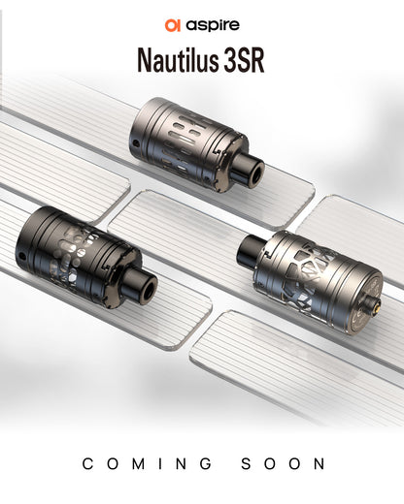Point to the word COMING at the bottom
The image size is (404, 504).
click(x=145, y=465)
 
